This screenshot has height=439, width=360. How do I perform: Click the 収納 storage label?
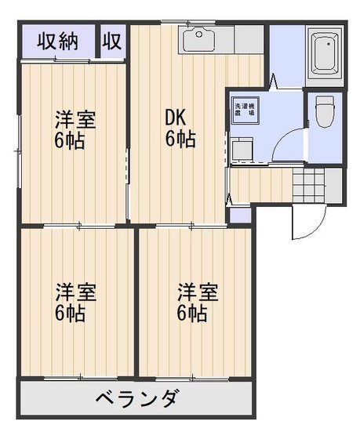tap(60, 42)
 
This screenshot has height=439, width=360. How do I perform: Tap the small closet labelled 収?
tap(113, 42)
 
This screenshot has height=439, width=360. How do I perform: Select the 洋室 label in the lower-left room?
tap(75, 293)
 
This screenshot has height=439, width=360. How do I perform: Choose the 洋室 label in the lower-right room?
tap(197, 293)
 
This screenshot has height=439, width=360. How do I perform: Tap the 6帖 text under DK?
tap(180, 140)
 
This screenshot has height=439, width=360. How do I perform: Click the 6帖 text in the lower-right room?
tap(193, 314)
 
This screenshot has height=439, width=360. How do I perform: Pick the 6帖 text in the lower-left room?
tap(71, 314)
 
